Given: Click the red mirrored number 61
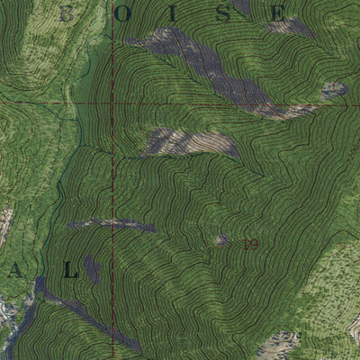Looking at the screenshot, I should [x=251, y=243].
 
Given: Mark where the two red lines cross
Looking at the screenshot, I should [x=113, y=103].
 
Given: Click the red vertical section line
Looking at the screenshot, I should [x=113, y=180].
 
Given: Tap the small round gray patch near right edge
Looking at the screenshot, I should [x=334, y=90].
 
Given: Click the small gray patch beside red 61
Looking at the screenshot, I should [x=222, y=239].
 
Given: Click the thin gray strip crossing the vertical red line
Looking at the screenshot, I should [x=113, y=222].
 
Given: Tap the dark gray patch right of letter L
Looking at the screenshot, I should [x=94, y=267].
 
